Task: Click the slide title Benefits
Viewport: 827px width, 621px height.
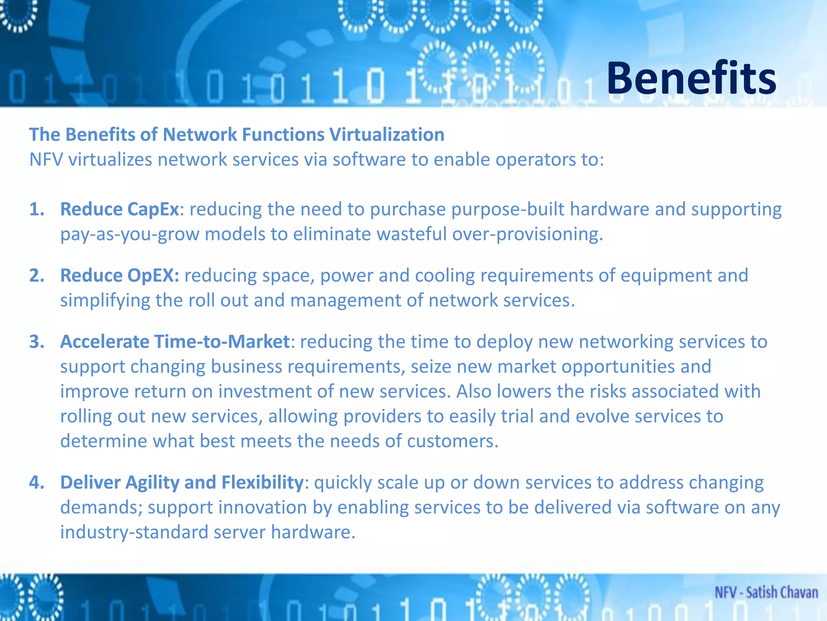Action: tap(691, 78)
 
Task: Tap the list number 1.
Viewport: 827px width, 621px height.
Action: tap(37, 209)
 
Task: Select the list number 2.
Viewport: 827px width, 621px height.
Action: tap(37, 276)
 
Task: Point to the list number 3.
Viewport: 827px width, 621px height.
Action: tap(37, 342)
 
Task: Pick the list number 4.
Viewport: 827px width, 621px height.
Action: tap(37, 483)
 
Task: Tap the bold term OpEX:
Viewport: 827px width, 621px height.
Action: tap(153, 276)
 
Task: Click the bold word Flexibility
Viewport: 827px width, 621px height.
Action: tap(262, 483)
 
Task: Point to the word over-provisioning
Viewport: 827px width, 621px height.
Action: tap(527, 234)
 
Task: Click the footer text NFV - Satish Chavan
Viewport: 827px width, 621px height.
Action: tap(766, 593)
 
